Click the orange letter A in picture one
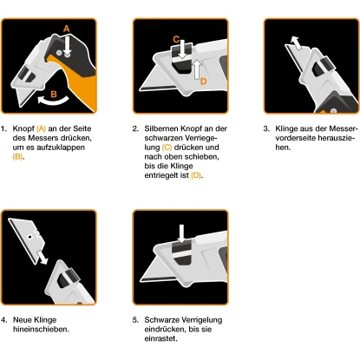pos(66,29)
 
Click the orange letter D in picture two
pos(203,81)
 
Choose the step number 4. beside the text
pos(4,320)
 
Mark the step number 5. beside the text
pos(135,320)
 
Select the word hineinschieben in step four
pos(39,329)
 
